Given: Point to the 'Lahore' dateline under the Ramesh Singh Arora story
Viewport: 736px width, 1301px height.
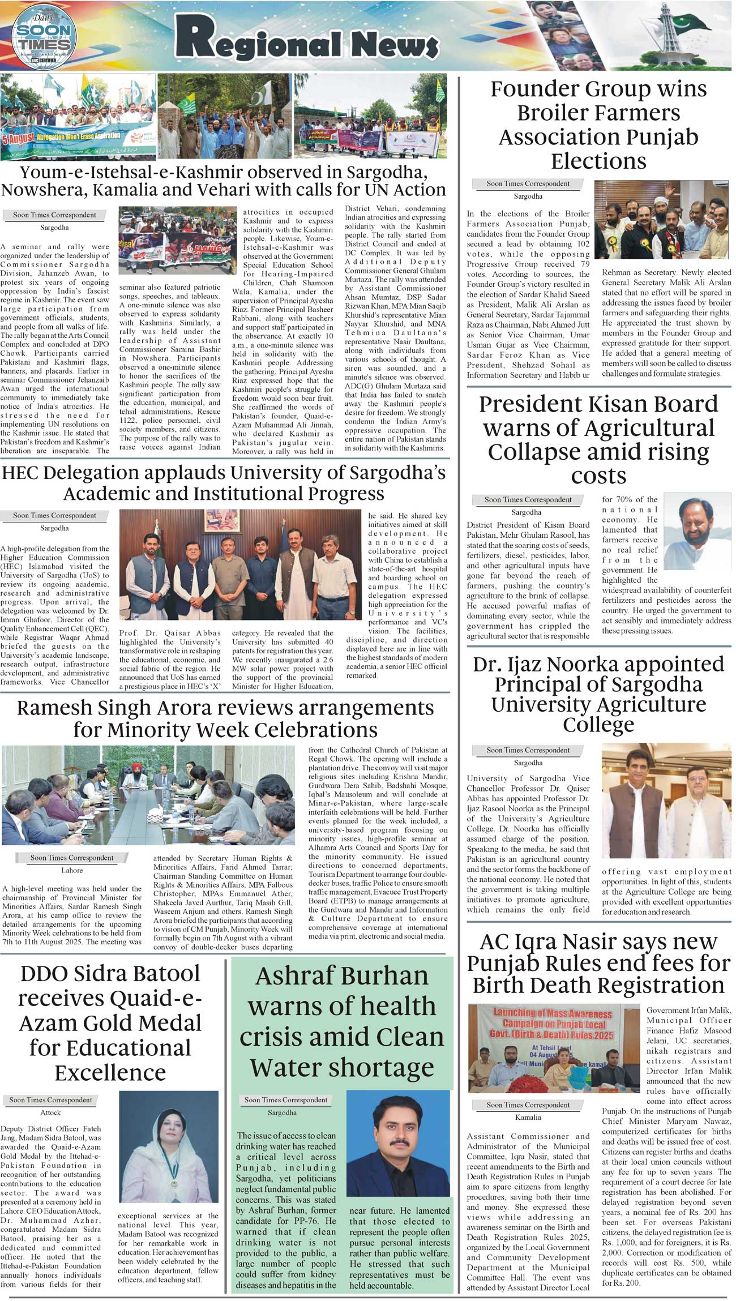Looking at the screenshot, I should [x=72, y=870].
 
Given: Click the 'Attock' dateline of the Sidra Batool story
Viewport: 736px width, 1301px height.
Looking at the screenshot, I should [x=50, y=1112].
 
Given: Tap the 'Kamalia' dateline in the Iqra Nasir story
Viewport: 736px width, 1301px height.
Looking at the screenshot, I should [x=528, y=1118].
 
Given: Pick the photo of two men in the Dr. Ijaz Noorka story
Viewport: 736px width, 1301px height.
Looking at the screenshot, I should [x=665, y=801].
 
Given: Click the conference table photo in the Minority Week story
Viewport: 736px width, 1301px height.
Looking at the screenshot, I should [x=147, y=795].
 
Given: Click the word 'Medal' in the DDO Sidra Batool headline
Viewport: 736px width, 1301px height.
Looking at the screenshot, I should [x=174, y=1023].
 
